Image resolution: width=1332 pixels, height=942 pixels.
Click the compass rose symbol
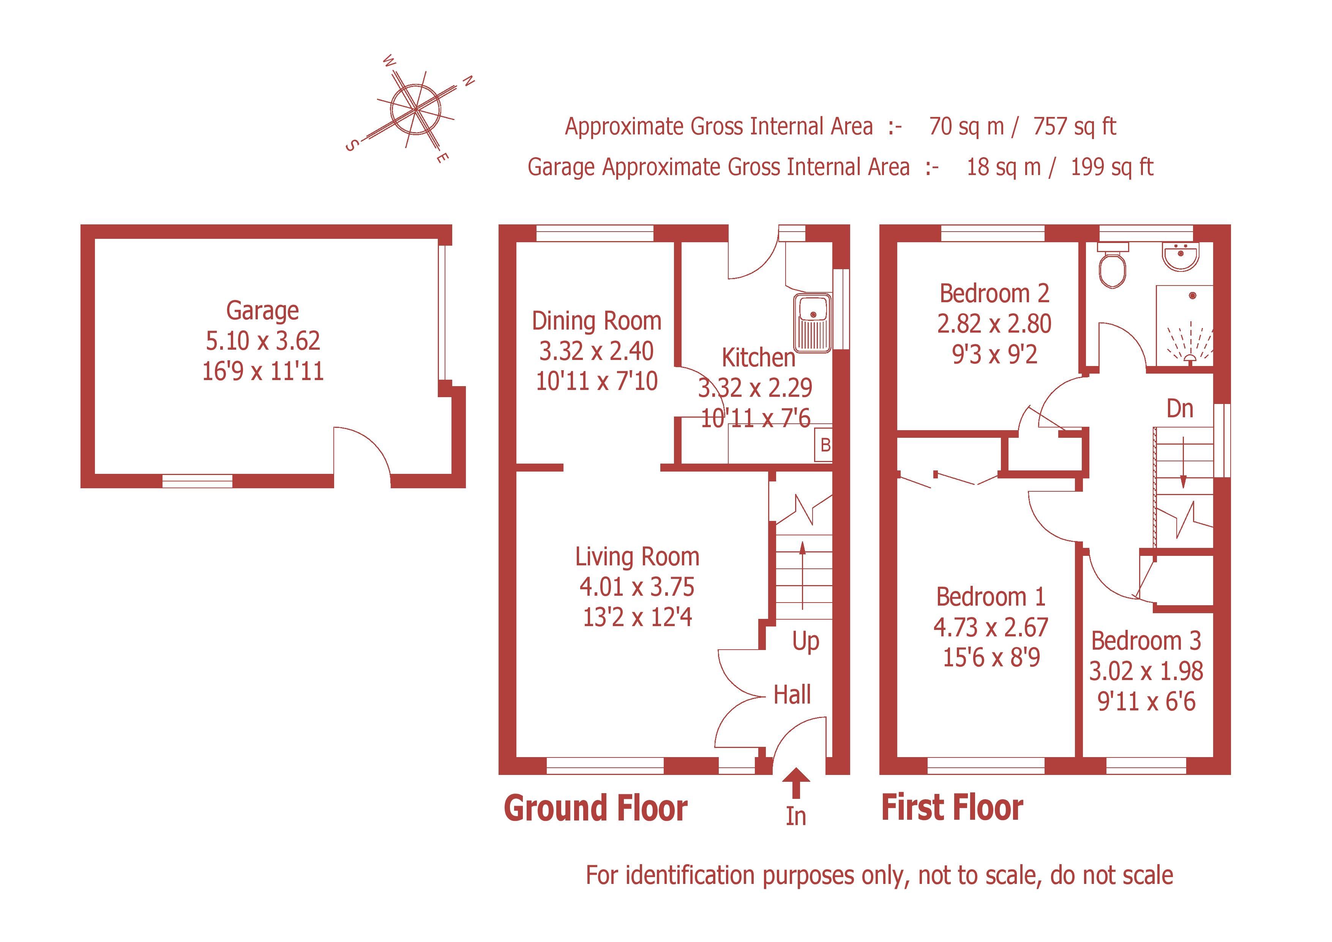coord(415,109)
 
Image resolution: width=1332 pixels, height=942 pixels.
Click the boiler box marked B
coord(824,445)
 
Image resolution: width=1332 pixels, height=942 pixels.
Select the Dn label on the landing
coord(1179,409)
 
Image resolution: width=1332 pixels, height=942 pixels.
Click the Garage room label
coord(262,311)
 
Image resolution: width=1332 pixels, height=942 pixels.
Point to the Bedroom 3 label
coord(1146,641)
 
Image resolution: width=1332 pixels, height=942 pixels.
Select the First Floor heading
coord(952,808)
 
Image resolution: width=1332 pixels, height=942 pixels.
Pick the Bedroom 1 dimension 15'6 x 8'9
coord(991,658)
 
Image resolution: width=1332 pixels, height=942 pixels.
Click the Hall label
coord(792,695)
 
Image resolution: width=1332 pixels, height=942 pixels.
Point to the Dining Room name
coord(597,321)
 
